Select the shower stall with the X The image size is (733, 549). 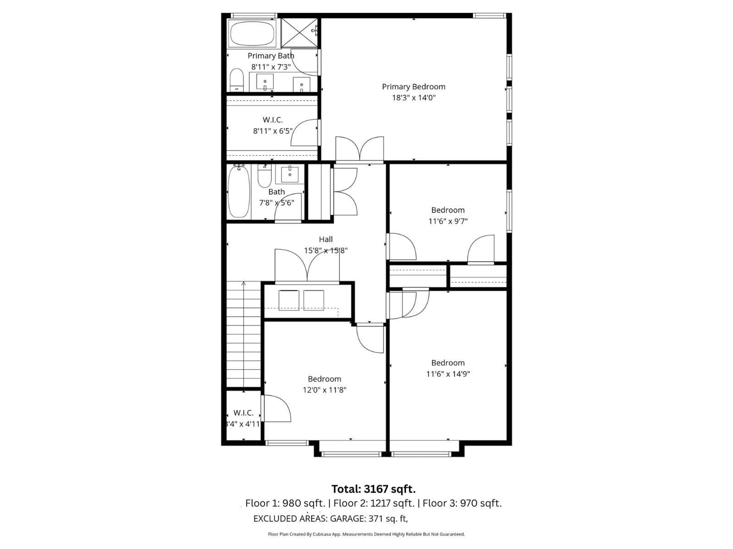pos(299,33)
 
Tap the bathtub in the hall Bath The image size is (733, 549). pos(239,192)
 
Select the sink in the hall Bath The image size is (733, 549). pos(290,173)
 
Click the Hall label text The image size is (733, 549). pos(325,239)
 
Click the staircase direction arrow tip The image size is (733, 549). pos(244,283)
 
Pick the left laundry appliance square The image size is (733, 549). pos(289,300)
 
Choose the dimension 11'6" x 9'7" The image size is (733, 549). pos(448,221)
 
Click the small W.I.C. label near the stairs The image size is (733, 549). pos(243,413)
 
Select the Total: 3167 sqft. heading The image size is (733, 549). pos(373,489)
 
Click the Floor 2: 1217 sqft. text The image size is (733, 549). pos(374,503)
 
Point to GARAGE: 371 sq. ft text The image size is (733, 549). pos(368,518)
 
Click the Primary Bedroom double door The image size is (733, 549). pos(360,151)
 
